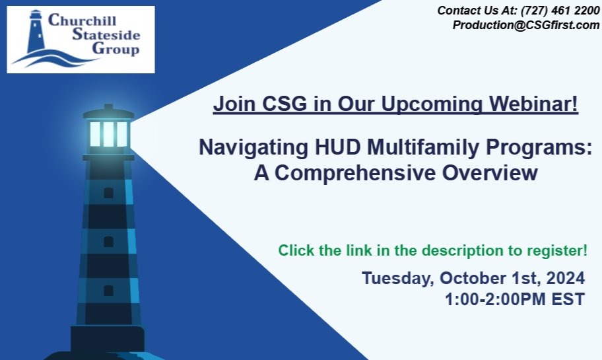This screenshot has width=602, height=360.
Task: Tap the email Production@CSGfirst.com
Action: pos(525,25)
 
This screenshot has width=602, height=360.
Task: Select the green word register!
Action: pos(557,251)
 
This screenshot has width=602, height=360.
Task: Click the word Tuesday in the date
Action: pos(393,277)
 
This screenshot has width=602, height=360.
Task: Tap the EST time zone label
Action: pos(567,299)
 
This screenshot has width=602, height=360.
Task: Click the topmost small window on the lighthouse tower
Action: pos(108,192)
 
